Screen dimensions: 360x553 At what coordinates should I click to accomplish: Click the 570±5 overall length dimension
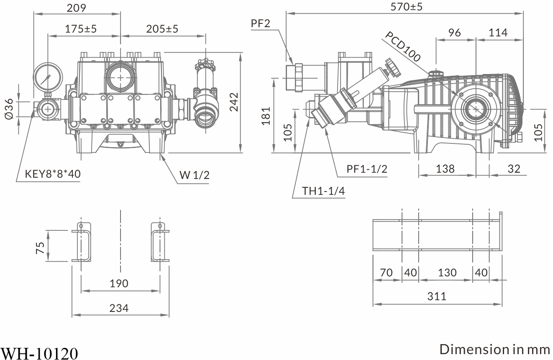(x=406, y=7)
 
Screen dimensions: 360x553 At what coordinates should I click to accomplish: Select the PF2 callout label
(x=261, y=23)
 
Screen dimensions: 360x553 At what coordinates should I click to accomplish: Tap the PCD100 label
(x=402, y=46)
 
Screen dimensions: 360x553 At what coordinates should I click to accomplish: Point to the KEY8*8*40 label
(x=53, y=174)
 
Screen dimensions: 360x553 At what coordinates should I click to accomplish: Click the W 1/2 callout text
(x=195, y=175)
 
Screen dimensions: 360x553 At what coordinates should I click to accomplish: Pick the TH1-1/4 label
(x=324, y=191)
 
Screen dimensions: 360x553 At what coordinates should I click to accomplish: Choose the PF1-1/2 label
(x=367, y=169)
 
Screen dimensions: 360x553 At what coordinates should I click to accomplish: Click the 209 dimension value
(x=76, y=8)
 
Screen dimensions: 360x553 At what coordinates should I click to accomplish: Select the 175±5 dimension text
(x=81, y=29)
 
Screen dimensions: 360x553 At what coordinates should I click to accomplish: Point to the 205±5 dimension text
(x=162, y=29)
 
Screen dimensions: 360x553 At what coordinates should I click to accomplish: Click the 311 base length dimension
(x=437, y=296)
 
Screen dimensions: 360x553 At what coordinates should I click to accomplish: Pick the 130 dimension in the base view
(x=447, y=273)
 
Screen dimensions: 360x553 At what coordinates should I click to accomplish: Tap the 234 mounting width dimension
(x=119, y=309)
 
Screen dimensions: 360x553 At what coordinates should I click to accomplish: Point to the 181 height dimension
(x=266, y=116)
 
